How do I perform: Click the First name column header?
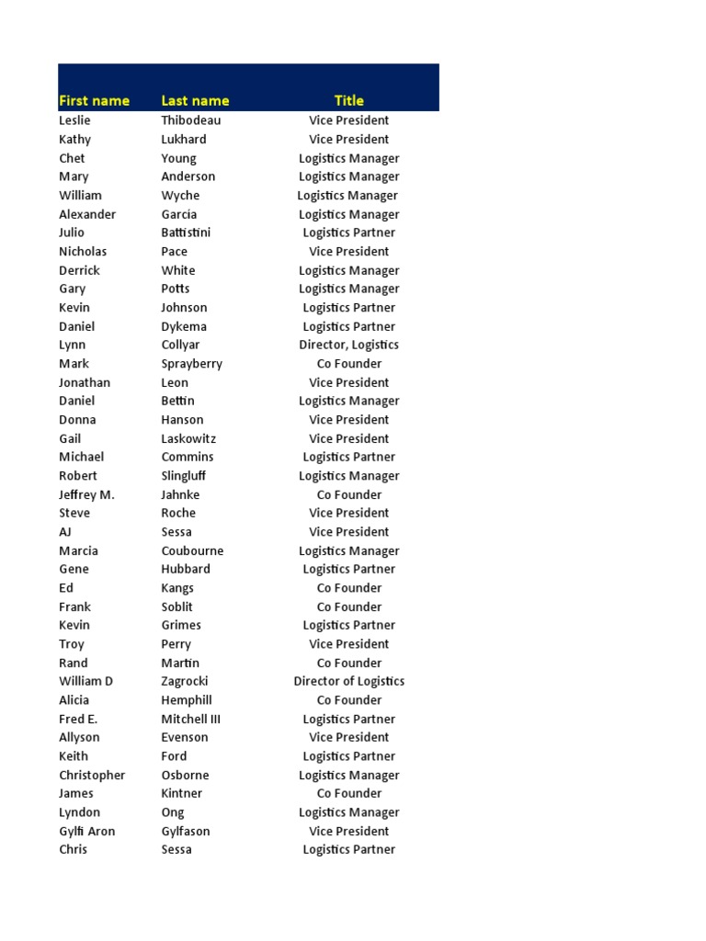pyautogui.click(x=94, y=100)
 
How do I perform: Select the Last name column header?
pyautogui.click(x=195, y=100)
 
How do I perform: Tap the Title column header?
pyautogui.click(x=348, y=100)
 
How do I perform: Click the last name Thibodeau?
pyautogui.click(x=191, y=120)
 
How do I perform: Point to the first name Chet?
pyautogui.click(x=72, y=158)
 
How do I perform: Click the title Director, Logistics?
pyautogui.click(x=348, y=345)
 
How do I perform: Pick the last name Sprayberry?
pyautogui.click(x=191, y=364)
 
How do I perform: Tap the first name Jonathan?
pyautogui.click(x=85, y=382)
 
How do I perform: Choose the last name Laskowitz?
pyautogui.click(x=188, y=438)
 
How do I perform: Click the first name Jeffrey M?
pyautogui.click(x=86, y=494)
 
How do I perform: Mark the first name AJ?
pyautogui.click(x=65, y=532)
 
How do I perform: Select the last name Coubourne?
pyautogui.click(x=192, y=550)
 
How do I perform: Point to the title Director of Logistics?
pyautogui.click(x=348, y=681)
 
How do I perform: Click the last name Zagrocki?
pyautogui.click(x=185, y=681)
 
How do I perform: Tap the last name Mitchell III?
pyautogui.click(x=190, y=719)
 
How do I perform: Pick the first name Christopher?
pyautogui.click(x=92, y=775)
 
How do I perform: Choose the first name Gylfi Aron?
pyautogui.click(x=86, y=831)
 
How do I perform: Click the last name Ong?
pyautogui.click(x=173, y=812)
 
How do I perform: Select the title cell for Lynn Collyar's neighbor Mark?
pyautogui.click(x=348, y=364)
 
